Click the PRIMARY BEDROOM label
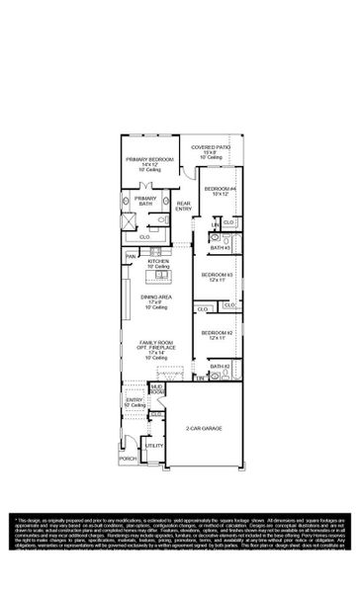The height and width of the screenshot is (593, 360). point(149,160)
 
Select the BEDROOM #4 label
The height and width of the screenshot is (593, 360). point(220,188)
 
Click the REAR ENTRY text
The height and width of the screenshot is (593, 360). point(184,206)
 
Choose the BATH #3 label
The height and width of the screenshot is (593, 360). point(220,248)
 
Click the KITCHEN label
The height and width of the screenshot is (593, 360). point(158,262)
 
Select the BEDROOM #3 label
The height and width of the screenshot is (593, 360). point(217,274)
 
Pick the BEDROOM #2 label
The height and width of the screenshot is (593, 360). point(217,333)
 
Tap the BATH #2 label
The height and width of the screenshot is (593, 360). point(220,367)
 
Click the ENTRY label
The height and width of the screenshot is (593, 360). point(135,400)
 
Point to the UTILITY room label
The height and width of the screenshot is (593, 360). point(153,447)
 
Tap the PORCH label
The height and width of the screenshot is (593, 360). point(128,459)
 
